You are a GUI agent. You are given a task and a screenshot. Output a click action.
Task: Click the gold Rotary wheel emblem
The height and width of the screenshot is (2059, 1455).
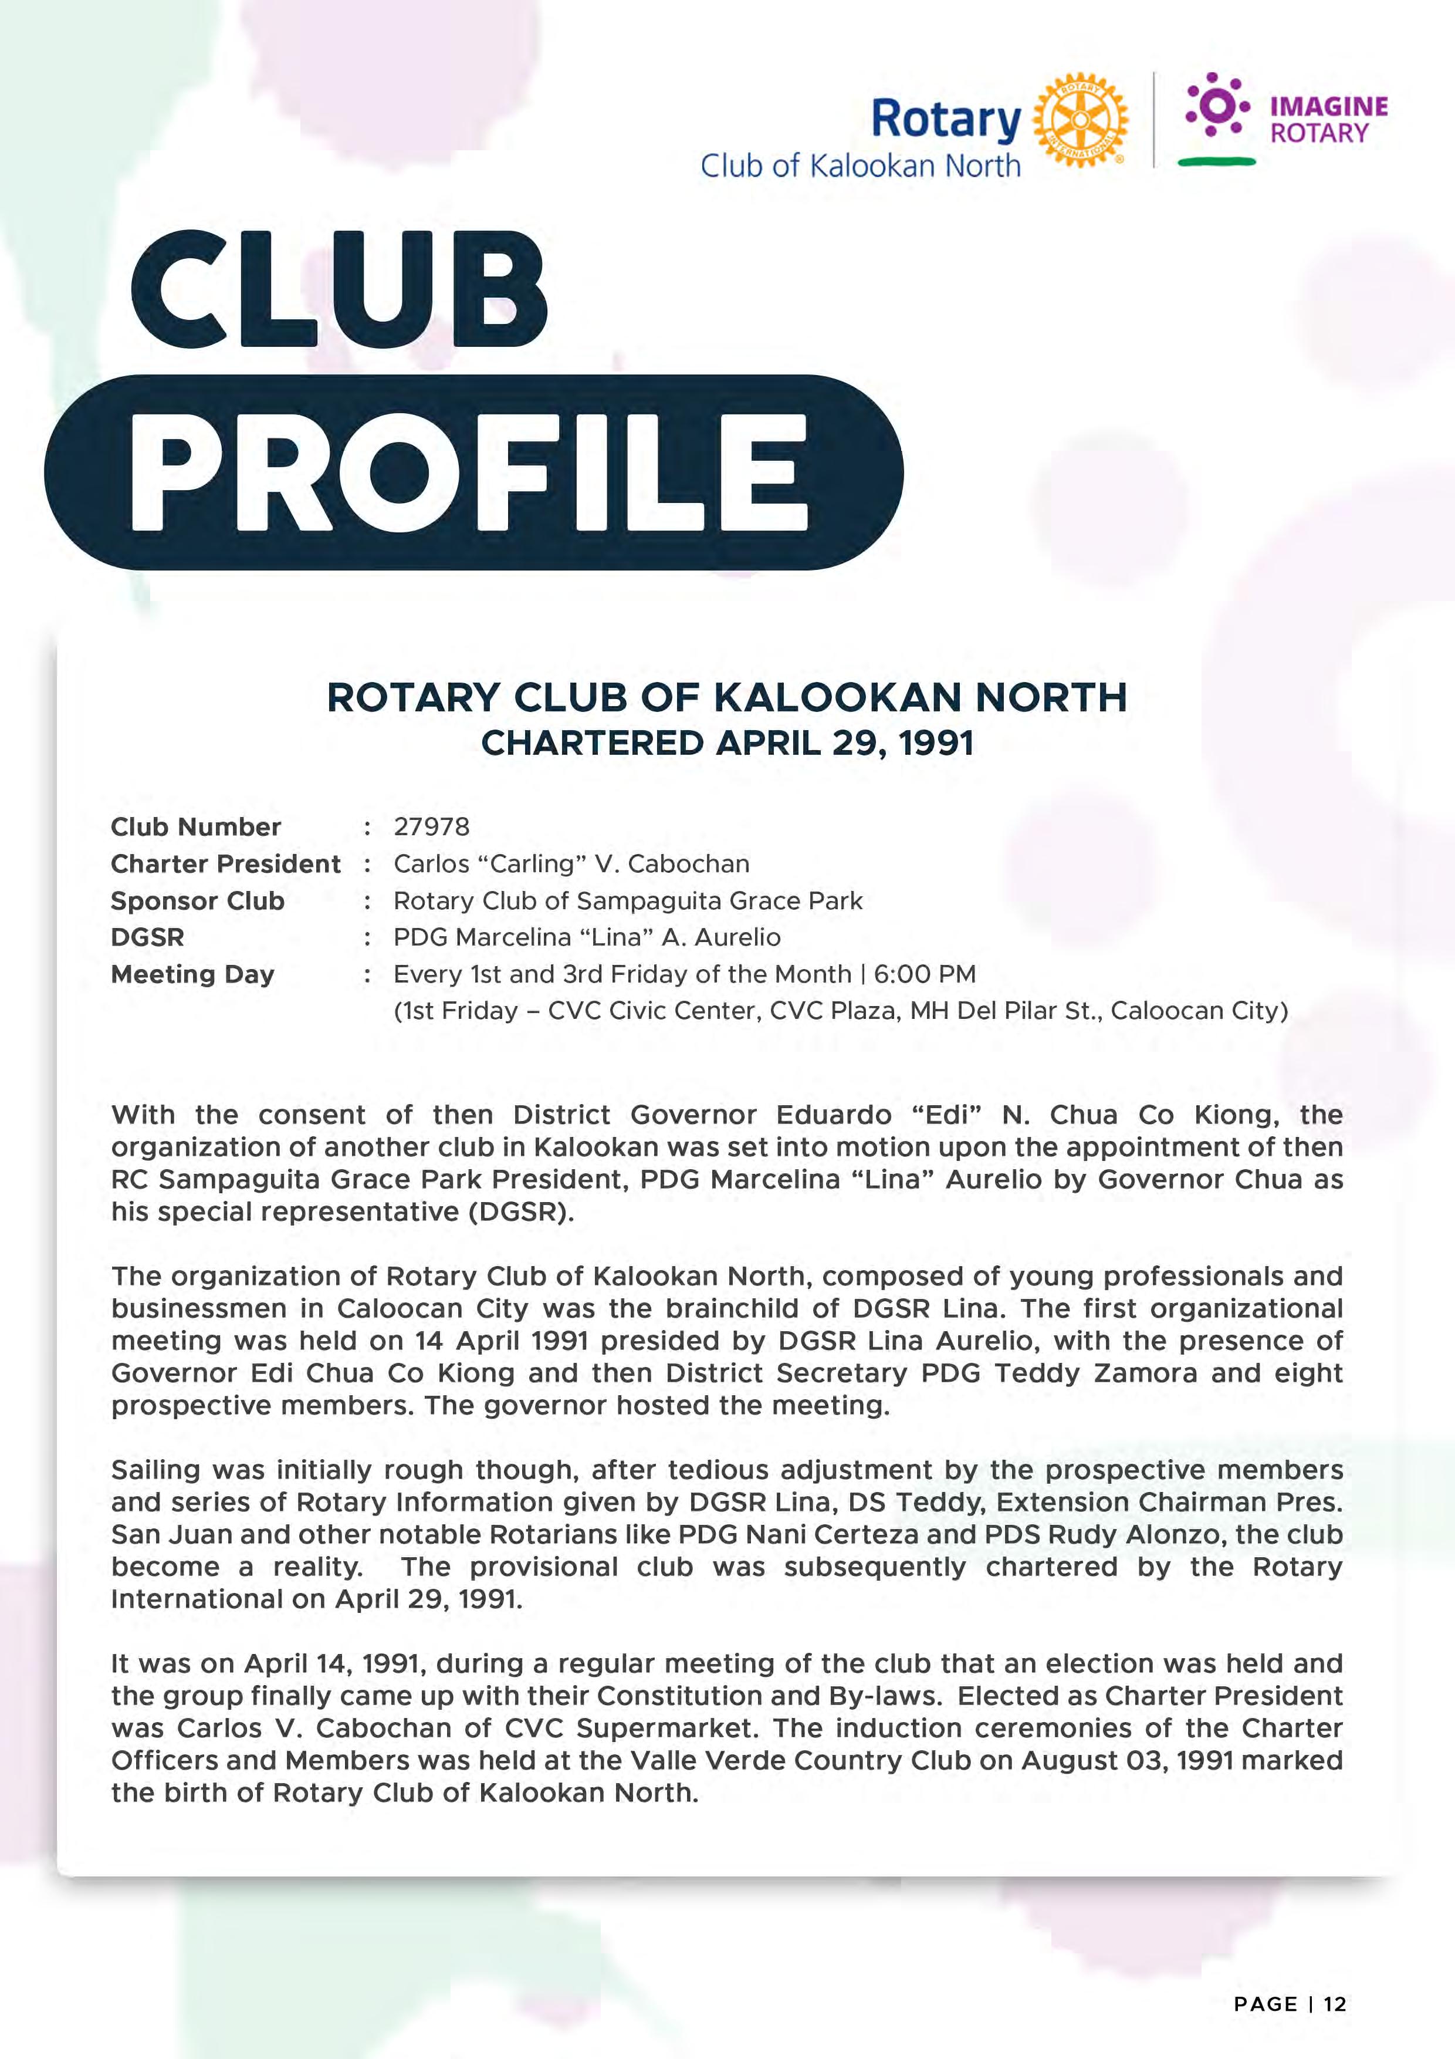pyautogui.click(x=1080, y=120)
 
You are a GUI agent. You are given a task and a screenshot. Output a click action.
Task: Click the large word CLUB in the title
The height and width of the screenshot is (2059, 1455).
pyautogui.click(x=340, y=290)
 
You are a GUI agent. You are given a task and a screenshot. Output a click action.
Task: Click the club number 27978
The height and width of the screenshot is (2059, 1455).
pyautogui.click(x=431, y=827)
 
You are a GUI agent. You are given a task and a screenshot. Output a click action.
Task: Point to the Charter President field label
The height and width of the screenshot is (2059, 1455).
pyautogui.click(x=225, y=863)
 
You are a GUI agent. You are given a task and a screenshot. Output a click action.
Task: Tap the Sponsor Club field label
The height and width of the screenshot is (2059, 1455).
pyautogui.click(x=197, y=900)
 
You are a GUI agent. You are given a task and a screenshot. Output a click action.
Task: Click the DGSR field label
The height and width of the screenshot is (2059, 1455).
pyautogui.click(x=147, y=937)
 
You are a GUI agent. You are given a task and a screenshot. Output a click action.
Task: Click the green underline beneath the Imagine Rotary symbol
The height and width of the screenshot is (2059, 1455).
pyautogui.click(x=1217, y=161)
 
